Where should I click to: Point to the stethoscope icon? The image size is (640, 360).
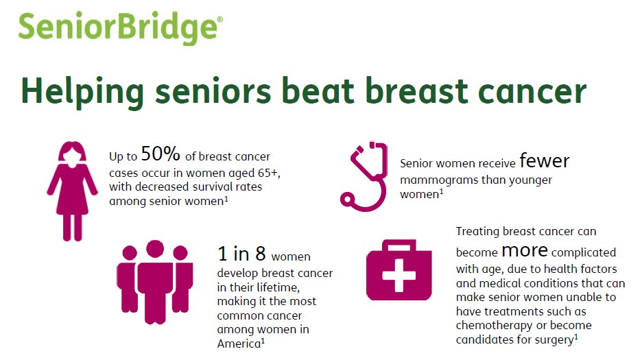(368, 176)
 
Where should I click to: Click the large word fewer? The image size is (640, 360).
(544, 162)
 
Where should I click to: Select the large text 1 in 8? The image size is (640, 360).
(241, 254)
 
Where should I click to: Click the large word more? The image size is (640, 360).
(525, 249)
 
